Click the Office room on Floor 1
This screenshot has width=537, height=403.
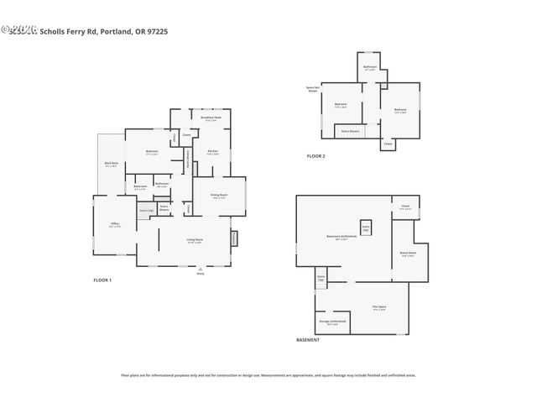[x=114, y=224]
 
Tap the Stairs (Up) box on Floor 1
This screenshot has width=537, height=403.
[x=146, y=210]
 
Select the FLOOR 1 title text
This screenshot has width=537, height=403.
[x=102, y=280]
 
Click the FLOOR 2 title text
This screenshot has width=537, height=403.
[x=315, y=157]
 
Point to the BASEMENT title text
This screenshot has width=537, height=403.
[x=308, y=339]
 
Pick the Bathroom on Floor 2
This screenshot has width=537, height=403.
[x=370, y=68]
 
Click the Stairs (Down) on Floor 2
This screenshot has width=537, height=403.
[x=350, y=131]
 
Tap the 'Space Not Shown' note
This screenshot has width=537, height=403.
[x=311, y=89]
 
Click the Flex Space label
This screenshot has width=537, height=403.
[x=379, y=308]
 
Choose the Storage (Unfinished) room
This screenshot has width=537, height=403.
[x=332, y=322]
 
